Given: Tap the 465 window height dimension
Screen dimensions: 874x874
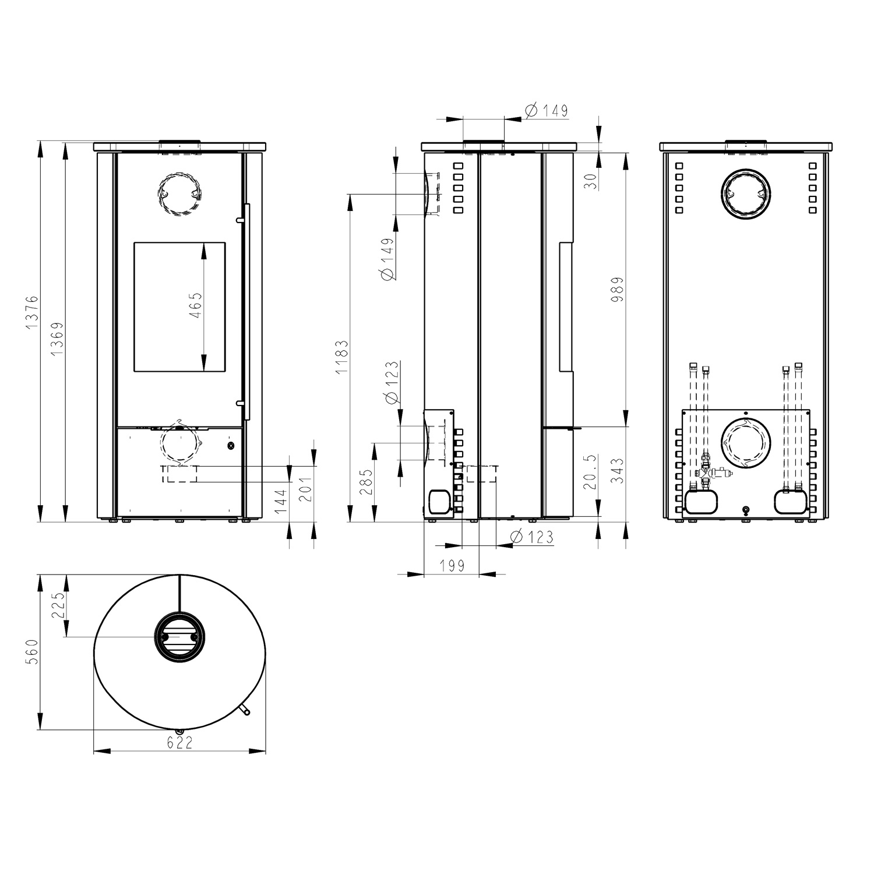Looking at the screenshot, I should coord(196,305).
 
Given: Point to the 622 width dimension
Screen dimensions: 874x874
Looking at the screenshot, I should coord(179,743).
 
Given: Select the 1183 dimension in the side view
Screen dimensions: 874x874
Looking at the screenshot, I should coord(342,357).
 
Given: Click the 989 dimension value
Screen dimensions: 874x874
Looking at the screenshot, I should coord(618,289).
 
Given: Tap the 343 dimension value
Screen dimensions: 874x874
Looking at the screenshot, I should coord(618,471).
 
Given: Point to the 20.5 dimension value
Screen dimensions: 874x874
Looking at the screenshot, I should coord(591,472).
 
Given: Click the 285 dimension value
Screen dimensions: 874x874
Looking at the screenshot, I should coord(366,482).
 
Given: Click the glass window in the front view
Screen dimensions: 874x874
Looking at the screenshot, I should coord(179,307).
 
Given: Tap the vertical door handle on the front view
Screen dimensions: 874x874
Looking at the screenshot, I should coord(247,312).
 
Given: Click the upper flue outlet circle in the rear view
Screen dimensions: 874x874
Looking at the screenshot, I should coord(746,195).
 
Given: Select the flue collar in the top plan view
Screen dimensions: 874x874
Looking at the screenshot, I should coord(179,638).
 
